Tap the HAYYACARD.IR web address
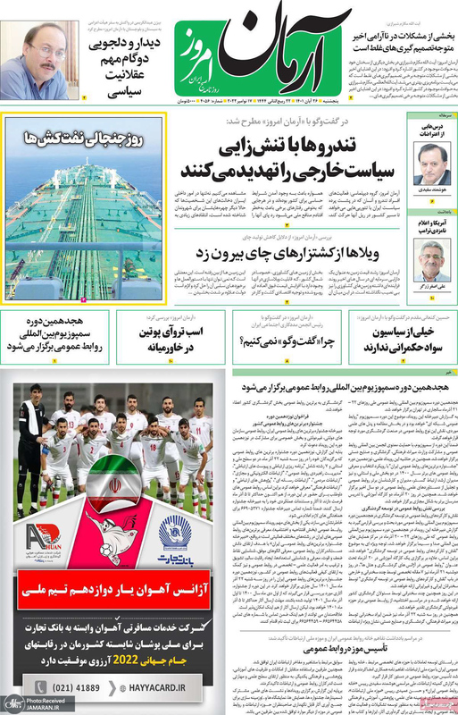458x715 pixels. click(x=170, y=689)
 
